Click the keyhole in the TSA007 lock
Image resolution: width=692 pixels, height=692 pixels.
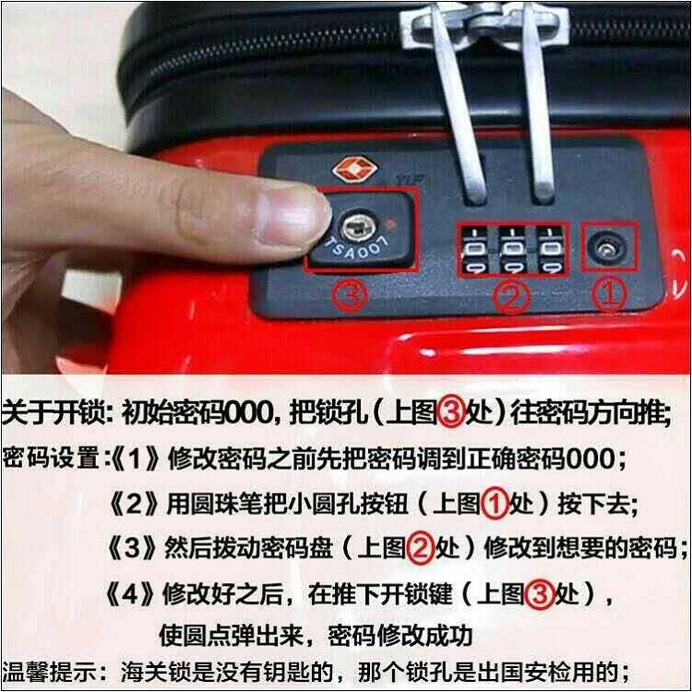pos(358,228)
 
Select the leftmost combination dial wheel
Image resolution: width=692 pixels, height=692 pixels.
pos(474,250)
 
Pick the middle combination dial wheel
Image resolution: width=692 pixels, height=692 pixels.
pos(512,250)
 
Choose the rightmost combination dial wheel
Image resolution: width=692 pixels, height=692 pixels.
pos(550,250)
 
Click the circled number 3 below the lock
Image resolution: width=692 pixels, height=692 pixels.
pos(350,295)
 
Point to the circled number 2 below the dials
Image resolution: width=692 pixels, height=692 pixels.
pos(511,295)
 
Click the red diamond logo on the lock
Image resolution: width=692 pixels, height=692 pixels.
pos(355,169)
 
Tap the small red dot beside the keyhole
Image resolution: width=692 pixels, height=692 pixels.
pos(390,224)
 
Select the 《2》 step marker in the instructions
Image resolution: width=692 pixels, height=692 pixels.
pos(133,504)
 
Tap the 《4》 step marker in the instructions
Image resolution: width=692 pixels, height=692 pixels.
pos(130,594)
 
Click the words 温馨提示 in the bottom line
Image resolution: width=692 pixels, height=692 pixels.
pos(50,672)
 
